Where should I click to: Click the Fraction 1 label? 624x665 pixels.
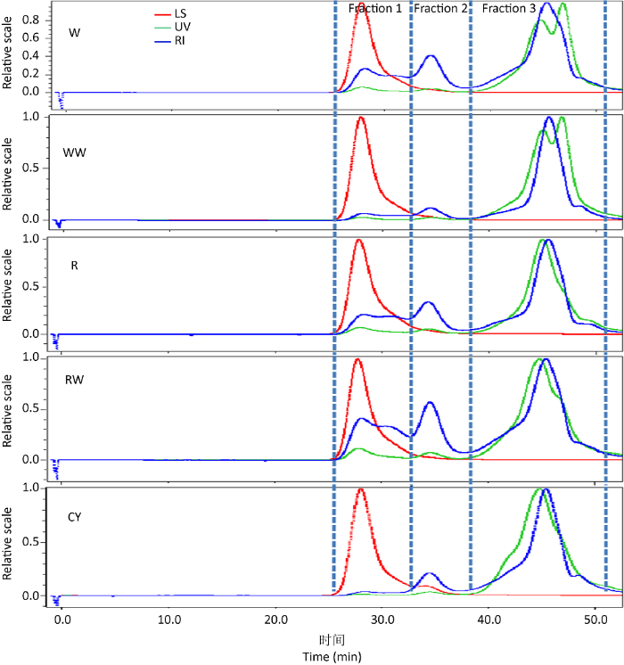[374, 9]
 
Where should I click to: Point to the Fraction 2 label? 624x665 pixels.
[440, 9]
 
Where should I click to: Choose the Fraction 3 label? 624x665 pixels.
[509, 9]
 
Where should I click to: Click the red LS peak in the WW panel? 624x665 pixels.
[360, 118]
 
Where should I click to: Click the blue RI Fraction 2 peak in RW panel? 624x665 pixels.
[431, 403]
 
